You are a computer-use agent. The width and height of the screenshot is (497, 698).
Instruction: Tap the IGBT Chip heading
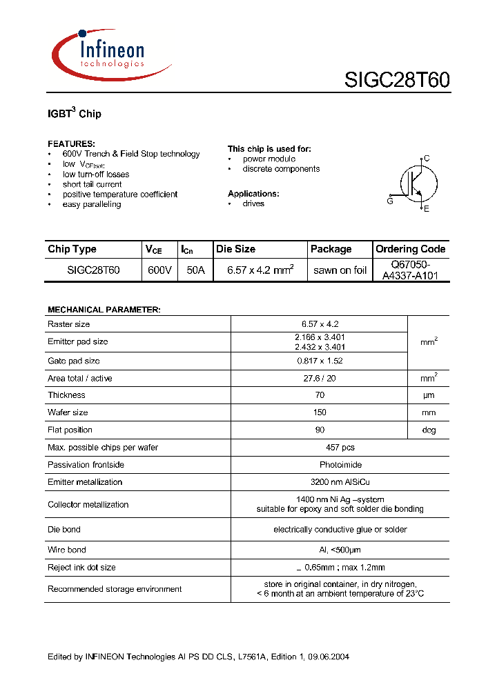pyautogui.click(x=75, y=113)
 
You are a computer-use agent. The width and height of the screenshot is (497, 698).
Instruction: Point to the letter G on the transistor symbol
pyautogui.click(x=390, y=201)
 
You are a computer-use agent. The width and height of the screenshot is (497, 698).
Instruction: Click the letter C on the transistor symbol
pyautogui.click(x=427, y=159)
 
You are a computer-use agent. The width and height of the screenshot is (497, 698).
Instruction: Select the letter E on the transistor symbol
pyautogui.click(x=427, y=209)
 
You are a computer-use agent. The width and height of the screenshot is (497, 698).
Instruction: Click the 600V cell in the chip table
pyautogui.click(x=159, y=270)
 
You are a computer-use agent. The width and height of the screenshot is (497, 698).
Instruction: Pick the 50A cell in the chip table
pyautogui.click(x=195, y=270)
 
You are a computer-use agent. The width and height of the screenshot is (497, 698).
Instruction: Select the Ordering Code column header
pyautogui.click(x=410, y=249)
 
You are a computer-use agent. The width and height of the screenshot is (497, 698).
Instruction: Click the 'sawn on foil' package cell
pyautogui.click(x=340, y=270)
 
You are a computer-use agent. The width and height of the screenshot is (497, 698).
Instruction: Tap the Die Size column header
pyautogui.click(x=235, y=249)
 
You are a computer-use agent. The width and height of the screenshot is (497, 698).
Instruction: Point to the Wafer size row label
pyautogui.click(x=68, y=412)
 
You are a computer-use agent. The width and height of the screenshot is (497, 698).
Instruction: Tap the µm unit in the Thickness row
pyautogui.click(x=429, y=395)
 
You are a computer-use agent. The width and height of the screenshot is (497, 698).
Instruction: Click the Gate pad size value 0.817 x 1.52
pyautogui.click(x=318, y=361)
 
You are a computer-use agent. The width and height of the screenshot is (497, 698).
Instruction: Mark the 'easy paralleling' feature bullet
pyautogui.click(x=91, y=204)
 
